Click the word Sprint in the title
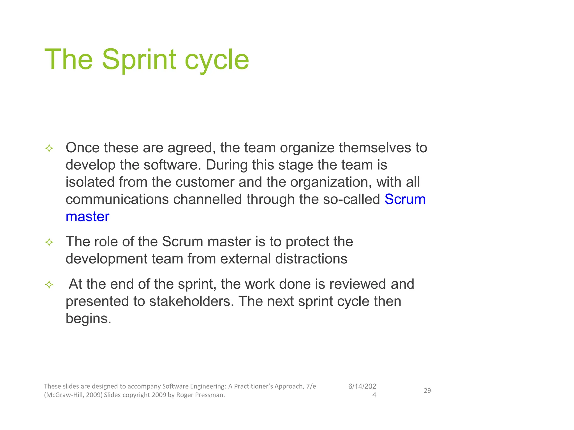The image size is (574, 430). pyautogui.click(x=139, y=60)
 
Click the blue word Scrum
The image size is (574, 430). pyautogui.click(x=405, y=199)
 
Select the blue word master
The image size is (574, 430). pyautogui.click(x=87, y=216)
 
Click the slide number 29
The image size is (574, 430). pyautogui.click(x=427, y=391)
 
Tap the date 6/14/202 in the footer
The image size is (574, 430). pyautogui.click(x=362, y=386)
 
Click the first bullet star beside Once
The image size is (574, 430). pyautogui.click(x=49, y=148)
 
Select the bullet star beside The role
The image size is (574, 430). pyautogui.click(x=49, y=242)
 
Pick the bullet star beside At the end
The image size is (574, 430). pyautogui.click(x=49, y=285)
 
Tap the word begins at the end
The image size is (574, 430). pyautogui.click(x=88, y=319)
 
